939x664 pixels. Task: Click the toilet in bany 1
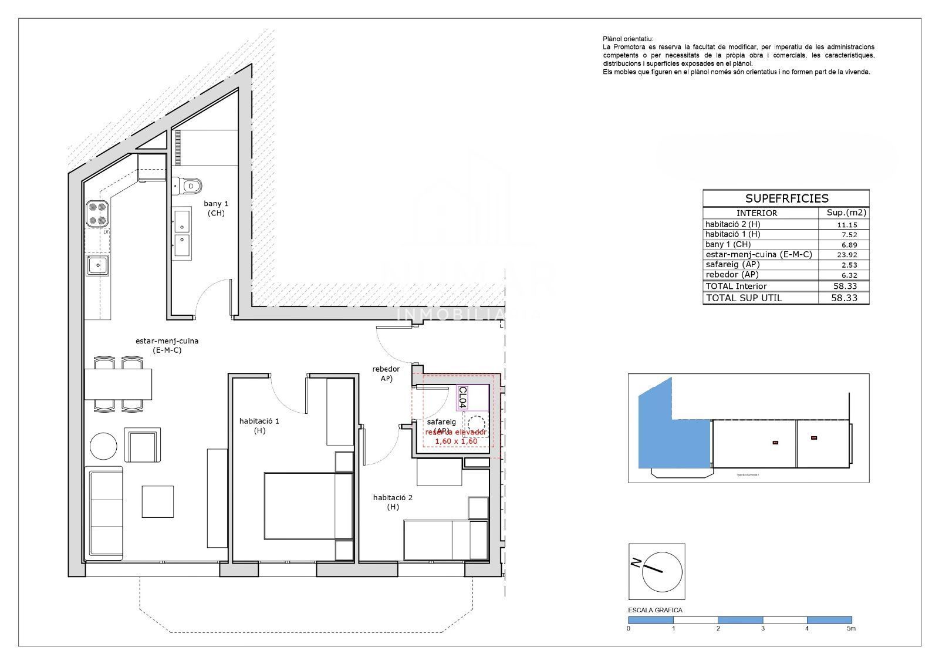(x=189, y=186)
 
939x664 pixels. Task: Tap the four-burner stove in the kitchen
(x=97, y=214)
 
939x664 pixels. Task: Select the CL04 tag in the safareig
(x=462, y=397)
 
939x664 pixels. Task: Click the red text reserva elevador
(x=456, y=432)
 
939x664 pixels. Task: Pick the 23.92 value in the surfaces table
(x=843, y=255)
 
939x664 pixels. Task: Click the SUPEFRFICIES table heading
(x=786, y=198)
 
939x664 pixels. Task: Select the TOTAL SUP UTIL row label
(x=744, y=298)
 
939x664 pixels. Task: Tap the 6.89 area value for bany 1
(x=843, y=244)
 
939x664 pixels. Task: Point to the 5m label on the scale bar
(x=851, y=628)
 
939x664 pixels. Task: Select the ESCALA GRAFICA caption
(x=655, y=610)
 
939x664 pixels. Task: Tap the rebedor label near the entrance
(x=386, y=369)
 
